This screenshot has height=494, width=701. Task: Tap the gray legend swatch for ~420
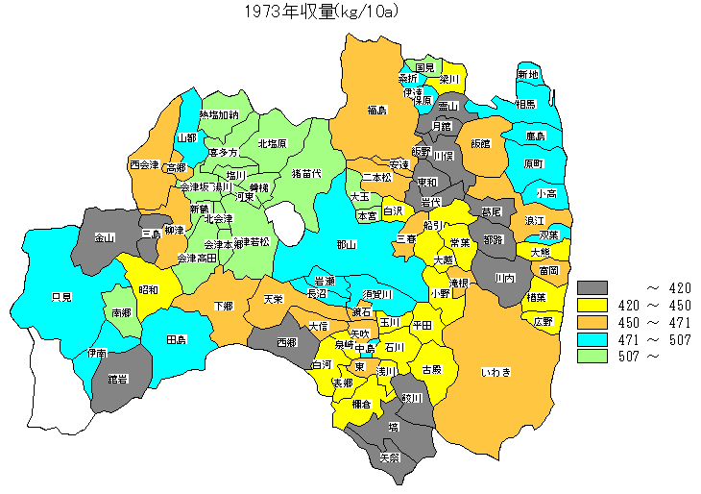click(x=594, y=287)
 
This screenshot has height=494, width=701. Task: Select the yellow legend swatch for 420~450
click(x=594, y=305)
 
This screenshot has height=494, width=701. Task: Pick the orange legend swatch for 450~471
click(x=594, y=322)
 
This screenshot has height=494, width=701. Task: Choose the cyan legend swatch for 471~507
click(x=594, y=339)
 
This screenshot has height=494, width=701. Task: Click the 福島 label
click(x=376, y=111)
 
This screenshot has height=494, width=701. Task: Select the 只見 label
click(x=61, y=298)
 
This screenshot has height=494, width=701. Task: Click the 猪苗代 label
click(x=305, y=174)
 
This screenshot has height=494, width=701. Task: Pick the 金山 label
click(x=105, y=237)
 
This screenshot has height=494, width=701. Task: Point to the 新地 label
click(x=528, y=74)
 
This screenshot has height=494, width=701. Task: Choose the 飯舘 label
click(x=480, y=143)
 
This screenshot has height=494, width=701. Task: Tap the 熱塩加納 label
click(x=219, y=115)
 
